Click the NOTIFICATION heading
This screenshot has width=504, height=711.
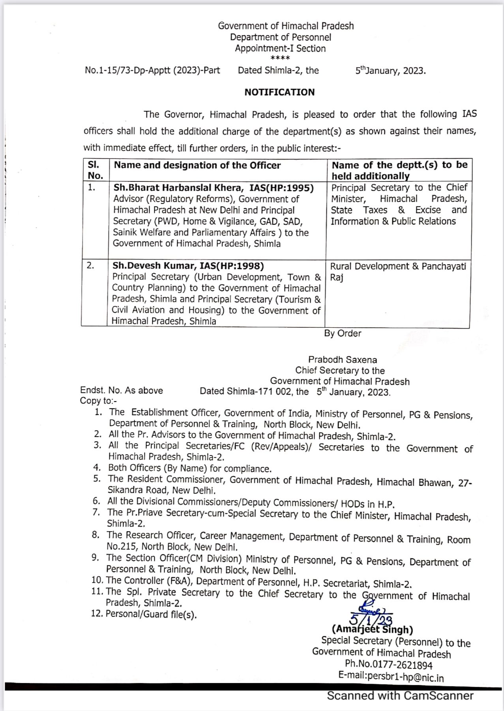tap(279, 92)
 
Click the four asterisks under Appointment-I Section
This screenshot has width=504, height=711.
tap(280, 58)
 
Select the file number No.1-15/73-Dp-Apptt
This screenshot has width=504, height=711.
tap(152, 71)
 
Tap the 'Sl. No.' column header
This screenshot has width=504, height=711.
tap(95, 170)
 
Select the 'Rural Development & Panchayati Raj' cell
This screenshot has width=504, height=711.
tap(398, 271)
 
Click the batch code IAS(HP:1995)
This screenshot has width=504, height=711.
tap(281, 188)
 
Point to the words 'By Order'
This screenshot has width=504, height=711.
tap(343, 333)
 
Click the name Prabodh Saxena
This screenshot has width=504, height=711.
tap(343, 360)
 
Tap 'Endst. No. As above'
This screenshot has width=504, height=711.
tap(122, 390)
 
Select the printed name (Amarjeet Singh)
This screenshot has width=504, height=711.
tap(373, 630)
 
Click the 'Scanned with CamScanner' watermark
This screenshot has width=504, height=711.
tap(400, 696)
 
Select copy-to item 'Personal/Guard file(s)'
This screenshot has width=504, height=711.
tap(151, 614)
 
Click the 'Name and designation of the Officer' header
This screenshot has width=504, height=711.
tap(197, 165)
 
